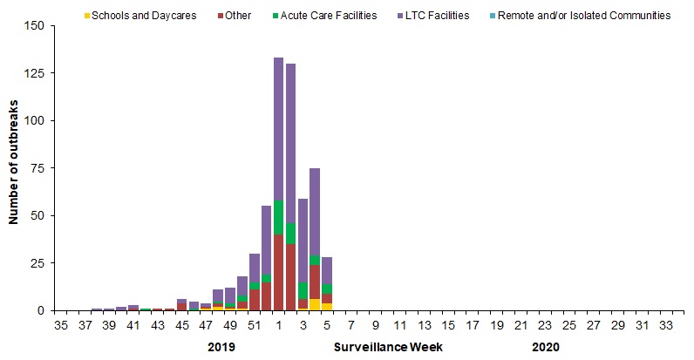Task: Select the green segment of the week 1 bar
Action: (279, 218)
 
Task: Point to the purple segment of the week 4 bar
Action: (315, 211)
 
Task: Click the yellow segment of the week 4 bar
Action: (315, 304)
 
